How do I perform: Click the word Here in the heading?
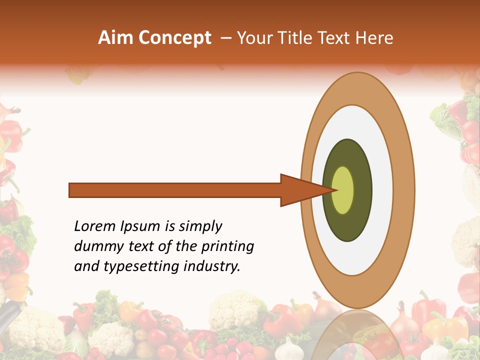[x=375, y=38]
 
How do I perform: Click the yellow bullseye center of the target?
[x=343, y=190]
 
